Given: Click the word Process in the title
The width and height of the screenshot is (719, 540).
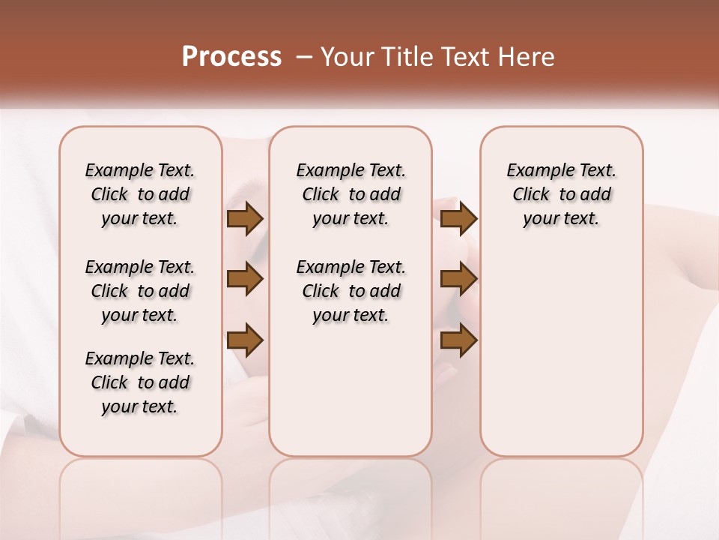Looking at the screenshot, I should click(x=231, y=57).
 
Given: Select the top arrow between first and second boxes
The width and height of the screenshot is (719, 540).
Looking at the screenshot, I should click(x=245, y=219).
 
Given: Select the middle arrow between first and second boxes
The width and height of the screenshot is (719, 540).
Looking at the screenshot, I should click(x=245, y=280).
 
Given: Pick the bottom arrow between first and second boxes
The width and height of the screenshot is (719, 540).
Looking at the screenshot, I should click(x=245, y=340).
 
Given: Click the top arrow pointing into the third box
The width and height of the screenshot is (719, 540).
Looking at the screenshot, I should click(x=458, y=219).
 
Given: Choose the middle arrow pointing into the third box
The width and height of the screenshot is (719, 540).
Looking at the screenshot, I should click(x=458, y=280).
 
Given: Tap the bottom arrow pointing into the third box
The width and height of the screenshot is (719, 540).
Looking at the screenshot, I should click(x=458, y=340).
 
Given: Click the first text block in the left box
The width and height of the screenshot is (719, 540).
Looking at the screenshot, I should click(x=140, y=194).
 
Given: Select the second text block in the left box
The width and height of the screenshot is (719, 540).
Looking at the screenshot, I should click(x=140, y=291).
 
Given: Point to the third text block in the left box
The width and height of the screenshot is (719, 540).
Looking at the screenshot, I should click(x=140, y=382).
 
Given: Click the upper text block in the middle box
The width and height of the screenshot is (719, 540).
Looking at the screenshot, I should click(x=351, y=194).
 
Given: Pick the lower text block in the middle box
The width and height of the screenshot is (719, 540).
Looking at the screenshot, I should click(x=351, y=291).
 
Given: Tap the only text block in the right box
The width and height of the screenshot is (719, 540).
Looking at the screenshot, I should click(x=561, y=194).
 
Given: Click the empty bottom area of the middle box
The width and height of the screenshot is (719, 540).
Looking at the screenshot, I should click(x=351, y=397).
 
